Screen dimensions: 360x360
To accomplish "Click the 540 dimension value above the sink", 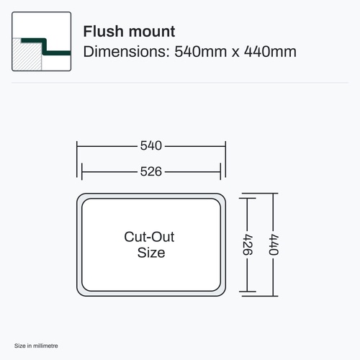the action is [x=151, y=145].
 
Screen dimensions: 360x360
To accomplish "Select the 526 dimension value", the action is [x=151, y=171].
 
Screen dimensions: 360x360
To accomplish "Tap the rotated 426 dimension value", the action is [x=248, y=245].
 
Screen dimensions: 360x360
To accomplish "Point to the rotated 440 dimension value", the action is [x=274, y=245].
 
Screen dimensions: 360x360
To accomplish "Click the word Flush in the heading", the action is [x=103, y=31].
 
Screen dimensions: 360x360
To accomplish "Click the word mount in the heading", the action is [x=152, y=32].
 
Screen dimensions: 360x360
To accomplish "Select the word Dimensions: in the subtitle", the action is [x=127, y=52].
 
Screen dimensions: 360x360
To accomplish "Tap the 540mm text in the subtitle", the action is [x=201, y=52].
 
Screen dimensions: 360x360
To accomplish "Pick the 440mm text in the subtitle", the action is [x=270, y=52].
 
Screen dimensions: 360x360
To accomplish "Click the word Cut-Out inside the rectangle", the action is [x=149, y=237].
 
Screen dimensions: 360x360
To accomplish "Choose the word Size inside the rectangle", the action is [x=151, y=253].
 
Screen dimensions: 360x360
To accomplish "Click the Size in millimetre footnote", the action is [x=36, y=346].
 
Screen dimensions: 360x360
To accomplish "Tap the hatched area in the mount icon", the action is [x=27, y=55].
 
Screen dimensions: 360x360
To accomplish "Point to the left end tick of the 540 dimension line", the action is [x=77, y=159].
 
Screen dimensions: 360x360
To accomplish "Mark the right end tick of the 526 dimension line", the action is [x=220, y=171].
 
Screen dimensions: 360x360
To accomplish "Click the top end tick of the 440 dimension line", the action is [x=260, y=193].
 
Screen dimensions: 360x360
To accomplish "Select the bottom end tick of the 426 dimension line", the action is [x=248, y=292].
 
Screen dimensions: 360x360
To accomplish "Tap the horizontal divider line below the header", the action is [x=180, y=83].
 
